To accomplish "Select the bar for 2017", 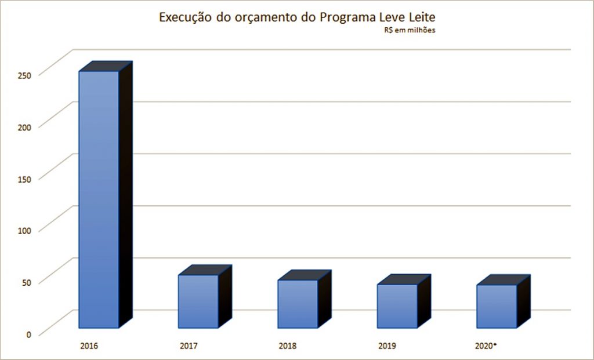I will pyautogui.click(x=198, y=301).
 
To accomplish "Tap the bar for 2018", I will pyautogui.click(x=298, y=304).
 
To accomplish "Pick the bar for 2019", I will pyautogui.click(x=397, y=306).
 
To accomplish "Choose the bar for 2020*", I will pyautogui.click(x=496, y=306).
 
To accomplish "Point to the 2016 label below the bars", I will pyautogui.click(x=89, y=347).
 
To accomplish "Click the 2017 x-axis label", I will pyautogui.click(x=189, y=347).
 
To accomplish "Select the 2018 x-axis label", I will pyautogui.click(x=288, y=347).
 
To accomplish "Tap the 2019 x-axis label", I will pyautogui.click(x=387, y=347).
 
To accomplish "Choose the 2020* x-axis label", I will pyautogui.click(x=487, y=347).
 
